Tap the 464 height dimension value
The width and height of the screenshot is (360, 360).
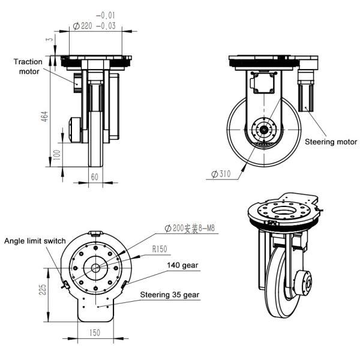[x=45, y=116]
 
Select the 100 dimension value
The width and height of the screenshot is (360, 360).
[x=57, y=155]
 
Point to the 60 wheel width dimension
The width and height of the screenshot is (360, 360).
[x=95, y=177]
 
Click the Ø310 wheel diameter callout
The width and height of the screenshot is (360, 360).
[x=221, y=174]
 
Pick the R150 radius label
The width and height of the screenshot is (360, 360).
[x=160, y=249]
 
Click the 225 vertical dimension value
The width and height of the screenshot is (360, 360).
[x=43, y=290]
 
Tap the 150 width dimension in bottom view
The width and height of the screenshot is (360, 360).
[x=95, y=332]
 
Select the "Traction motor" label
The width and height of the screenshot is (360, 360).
[x=28, y=67]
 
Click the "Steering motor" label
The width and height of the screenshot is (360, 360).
[x=331, y=142]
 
